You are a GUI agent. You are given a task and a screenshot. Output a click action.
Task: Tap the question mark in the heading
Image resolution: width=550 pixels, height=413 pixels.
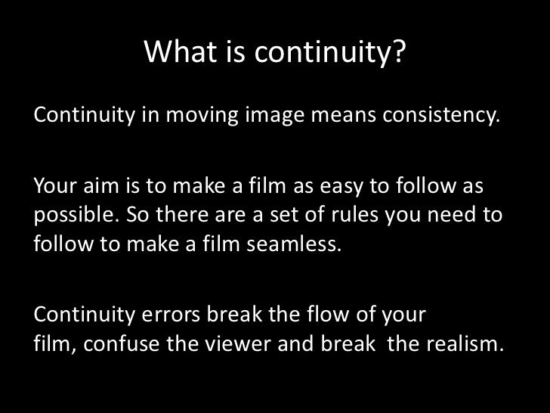(398, 52)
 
